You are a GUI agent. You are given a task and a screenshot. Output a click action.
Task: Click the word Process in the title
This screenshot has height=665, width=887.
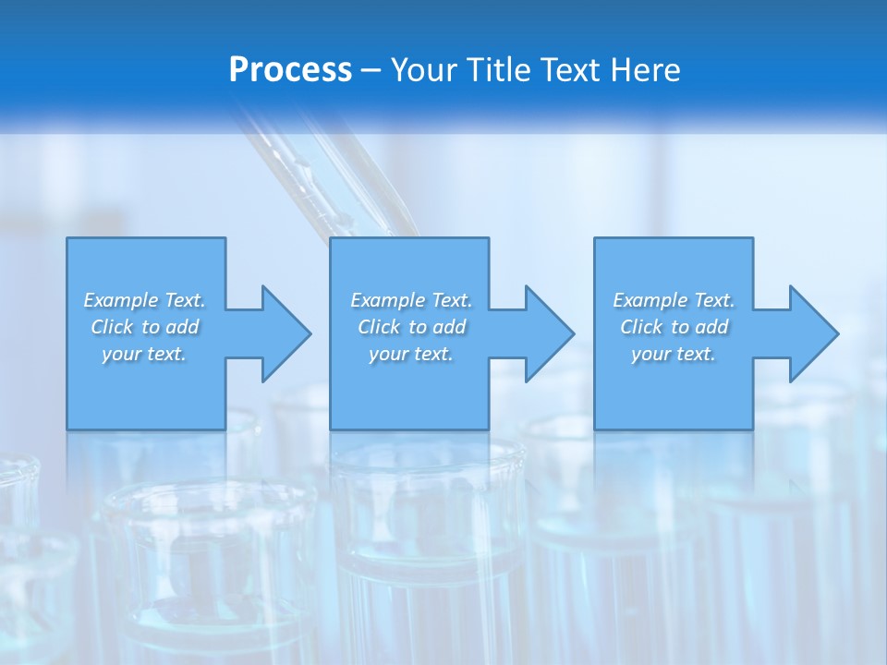(290, 70)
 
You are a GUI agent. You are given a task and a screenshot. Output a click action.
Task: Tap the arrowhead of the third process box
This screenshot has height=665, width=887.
(812, 333)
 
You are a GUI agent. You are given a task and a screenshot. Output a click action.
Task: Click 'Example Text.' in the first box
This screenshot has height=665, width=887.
(144, 300)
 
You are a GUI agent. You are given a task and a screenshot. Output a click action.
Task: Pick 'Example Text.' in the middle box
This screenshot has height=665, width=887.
(410, 300)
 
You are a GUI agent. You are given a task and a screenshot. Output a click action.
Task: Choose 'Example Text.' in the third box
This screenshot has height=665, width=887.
(674, 300)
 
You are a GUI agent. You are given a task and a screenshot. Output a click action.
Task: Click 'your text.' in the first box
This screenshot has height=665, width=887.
(144, 354)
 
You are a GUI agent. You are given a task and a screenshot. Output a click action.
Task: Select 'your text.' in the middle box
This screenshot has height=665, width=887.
(410, 354)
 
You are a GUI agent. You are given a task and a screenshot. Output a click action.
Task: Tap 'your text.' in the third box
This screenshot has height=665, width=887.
(674, 354)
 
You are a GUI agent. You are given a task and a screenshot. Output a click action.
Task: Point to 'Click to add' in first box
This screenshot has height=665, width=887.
(144, 327)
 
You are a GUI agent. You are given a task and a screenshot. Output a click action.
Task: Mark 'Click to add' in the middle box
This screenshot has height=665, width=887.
(410, 327)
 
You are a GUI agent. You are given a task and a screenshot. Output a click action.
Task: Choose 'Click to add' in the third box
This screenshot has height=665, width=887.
(674, 327)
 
